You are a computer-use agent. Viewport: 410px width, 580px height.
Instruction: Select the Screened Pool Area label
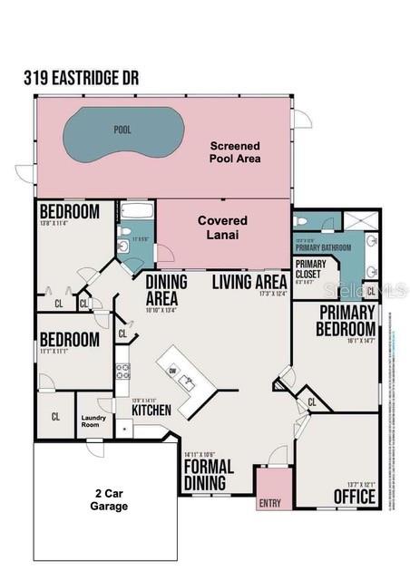pos(235,152)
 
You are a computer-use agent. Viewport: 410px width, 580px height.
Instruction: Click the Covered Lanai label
pos(223,227)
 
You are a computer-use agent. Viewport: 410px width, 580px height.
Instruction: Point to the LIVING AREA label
pos(249,281)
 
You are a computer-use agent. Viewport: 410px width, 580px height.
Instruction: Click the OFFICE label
pos(353,497)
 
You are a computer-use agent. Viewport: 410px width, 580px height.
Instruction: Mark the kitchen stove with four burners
pos(122,371)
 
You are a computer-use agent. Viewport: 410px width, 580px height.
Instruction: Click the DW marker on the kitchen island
pos(173,370)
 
